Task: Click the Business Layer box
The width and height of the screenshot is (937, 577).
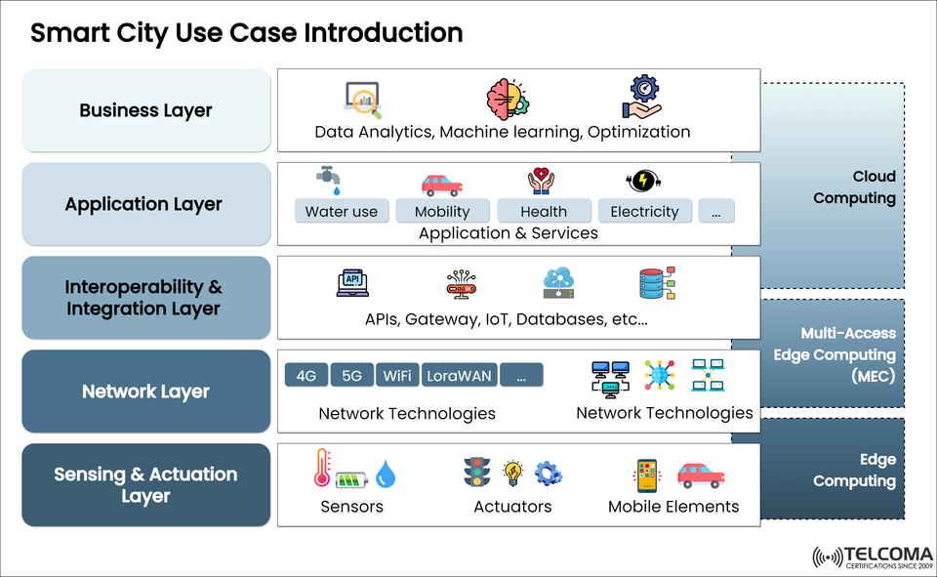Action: coord(145,110)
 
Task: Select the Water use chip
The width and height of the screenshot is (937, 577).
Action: coord(342,211)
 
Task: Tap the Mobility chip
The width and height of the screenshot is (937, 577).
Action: coord(442,211)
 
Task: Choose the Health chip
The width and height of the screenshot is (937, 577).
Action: coord(544,211)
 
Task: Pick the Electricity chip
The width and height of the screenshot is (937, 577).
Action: coord(644,211)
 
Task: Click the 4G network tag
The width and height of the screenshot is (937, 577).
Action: coord(306,375)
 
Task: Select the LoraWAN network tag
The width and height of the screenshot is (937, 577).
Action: coord(460,375)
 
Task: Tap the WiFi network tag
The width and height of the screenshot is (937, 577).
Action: coord(397,375)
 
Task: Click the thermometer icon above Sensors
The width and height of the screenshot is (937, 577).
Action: coord(322,468)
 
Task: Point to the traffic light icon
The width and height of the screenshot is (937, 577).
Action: coord(476,473)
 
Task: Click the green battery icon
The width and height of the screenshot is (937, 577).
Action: coord(352,479)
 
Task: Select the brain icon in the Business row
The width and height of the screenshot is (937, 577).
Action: coord(508,100)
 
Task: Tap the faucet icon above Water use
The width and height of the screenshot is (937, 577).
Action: coord(329,179)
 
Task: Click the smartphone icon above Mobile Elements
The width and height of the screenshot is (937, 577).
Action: coord(647,474)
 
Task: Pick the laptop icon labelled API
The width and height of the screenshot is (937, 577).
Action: coord(352,282)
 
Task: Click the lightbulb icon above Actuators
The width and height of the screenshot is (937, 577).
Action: coord(512,474)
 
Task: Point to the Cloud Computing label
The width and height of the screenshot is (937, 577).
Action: coord(854,187)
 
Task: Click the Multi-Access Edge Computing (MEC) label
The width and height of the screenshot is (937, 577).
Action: coord(847,354)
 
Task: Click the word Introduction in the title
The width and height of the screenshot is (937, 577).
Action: coord(384,32)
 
